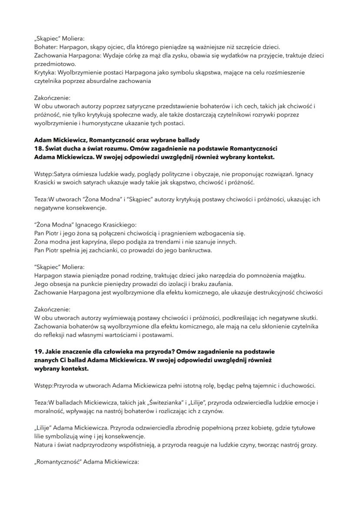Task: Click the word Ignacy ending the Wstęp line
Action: (x=303, y=174)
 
